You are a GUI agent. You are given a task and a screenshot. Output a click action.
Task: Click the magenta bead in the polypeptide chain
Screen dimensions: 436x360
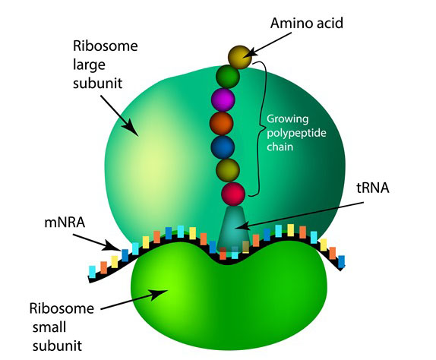223,99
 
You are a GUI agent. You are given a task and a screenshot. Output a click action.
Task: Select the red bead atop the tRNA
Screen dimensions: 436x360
233,194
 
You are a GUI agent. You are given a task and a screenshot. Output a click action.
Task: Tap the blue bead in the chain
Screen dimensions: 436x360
223,147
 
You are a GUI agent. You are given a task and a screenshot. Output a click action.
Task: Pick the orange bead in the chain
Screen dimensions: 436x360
221,123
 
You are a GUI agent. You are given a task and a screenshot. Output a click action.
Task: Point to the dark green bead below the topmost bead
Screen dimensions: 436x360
228,76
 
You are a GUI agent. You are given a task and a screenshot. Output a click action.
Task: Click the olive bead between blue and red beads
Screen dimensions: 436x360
228,170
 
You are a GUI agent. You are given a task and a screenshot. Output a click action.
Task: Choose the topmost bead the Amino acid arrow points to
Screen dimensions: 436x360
240,57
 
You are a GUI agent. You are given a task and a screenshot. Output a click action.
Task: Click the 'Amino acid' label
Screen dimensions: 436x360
307,23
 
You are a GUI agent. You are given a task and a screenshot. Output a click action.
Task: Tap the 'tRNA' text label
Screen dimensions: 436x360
373,188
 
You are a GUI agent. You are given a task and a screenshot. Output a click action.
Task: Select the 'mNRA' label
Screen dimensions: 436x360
65,223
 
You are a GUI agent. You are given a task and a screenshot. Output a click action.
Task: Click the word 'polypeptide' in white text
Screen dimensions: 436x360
296,133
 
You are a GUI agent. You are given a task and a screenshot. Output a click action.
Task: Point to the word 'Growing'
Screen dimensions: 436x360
288,119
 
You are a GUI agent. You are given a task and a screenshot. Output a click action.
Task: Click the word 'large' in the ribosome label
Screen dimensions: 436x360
89,65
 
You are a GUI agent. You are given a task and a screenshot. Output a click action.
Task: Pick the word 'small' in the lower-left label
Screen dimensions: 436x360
49,327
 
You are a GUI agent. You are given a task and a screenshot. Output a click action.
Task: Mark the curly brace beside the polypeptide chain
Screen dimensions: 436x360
259,128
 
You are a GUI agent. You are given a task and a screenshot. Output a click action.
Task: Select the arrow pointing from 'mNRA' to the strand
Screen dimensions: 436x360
97,242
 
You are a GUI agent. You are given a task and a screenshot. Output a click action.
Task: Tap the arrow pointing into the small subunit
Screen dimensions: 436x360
134,300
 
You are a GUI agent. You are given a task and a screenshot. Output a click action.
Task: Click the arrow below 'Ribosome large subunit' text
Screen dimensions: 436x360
119,115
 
